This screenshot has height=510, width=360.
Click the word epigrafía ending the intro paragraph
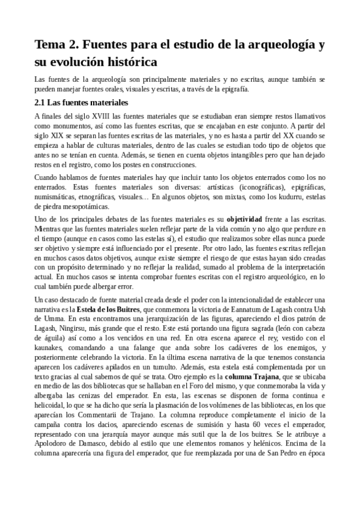(231, 89)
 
